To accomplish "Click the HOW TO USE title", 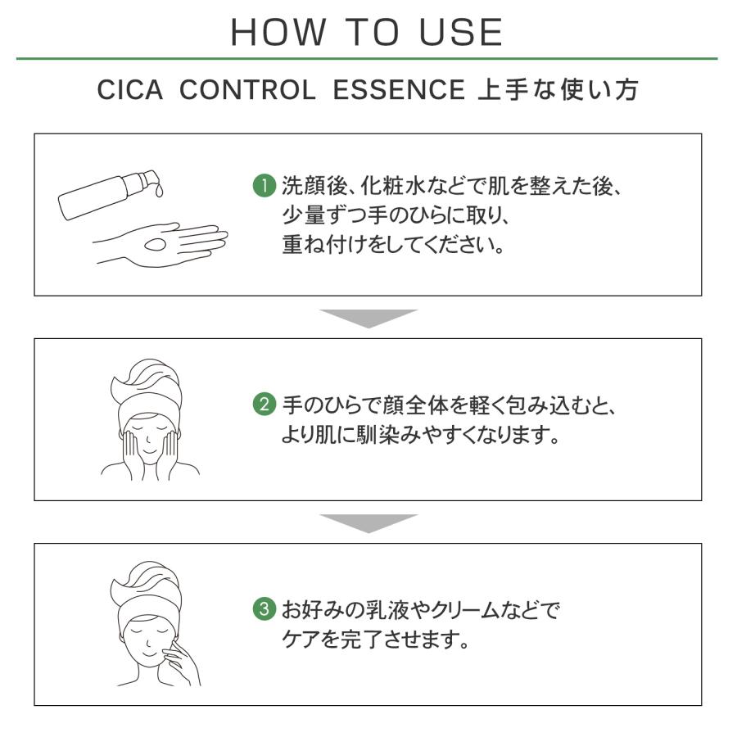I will [x=367, y=32].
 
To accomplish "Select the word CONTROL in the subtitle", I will [x=246, y=91].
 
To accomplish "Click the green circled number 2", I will [x=261, y=405].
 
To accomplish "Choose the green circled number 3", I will [x=261, y=610].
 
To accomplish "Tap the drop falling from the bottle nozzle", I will [x=158, y=192].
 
